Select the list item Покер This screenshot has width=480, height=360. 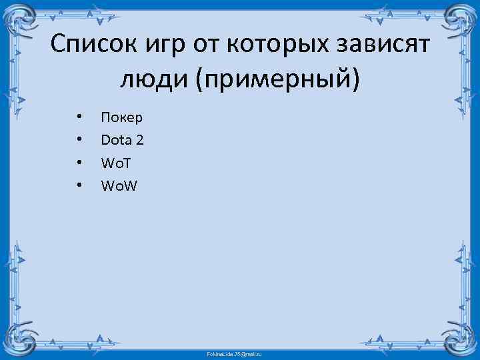(x=121, y=118)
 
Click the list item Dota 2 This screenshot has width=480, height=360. (x=122, y=140)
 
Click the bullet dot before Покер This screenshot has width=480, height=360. (x=79, y=118)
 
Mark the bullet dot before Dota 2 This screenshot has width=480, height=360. (x=79, y=141)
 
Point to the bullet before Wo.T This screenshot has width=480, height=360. (x=79, y=163)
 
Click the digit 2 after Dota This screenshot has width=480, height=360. (x=139, y=140)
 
